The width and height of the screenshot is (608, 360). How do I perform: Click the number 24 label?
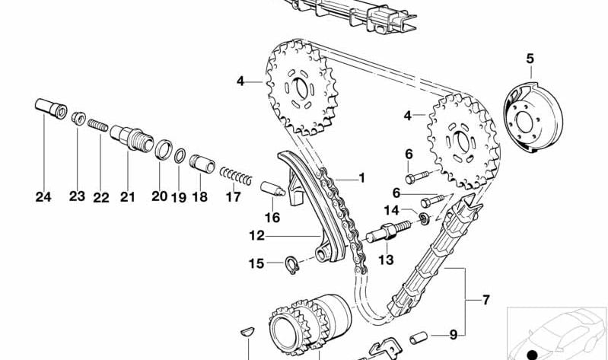tap(43, 197)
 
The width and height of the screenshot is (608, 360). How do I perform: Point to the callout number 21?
tap(127, 197)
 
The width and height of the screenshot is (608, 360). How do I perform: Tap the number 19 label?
tap(178, 197)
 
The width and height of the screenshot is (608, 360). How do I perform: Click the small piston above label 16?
tap(272, 188)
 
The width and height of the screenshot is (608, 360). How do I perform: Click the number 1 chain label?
tap(361, 178)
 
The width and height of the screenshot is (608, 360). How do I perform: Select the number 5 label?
tap(530, 58)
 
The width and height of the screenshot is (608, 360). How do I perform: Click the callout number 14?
tap(391, 209)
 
